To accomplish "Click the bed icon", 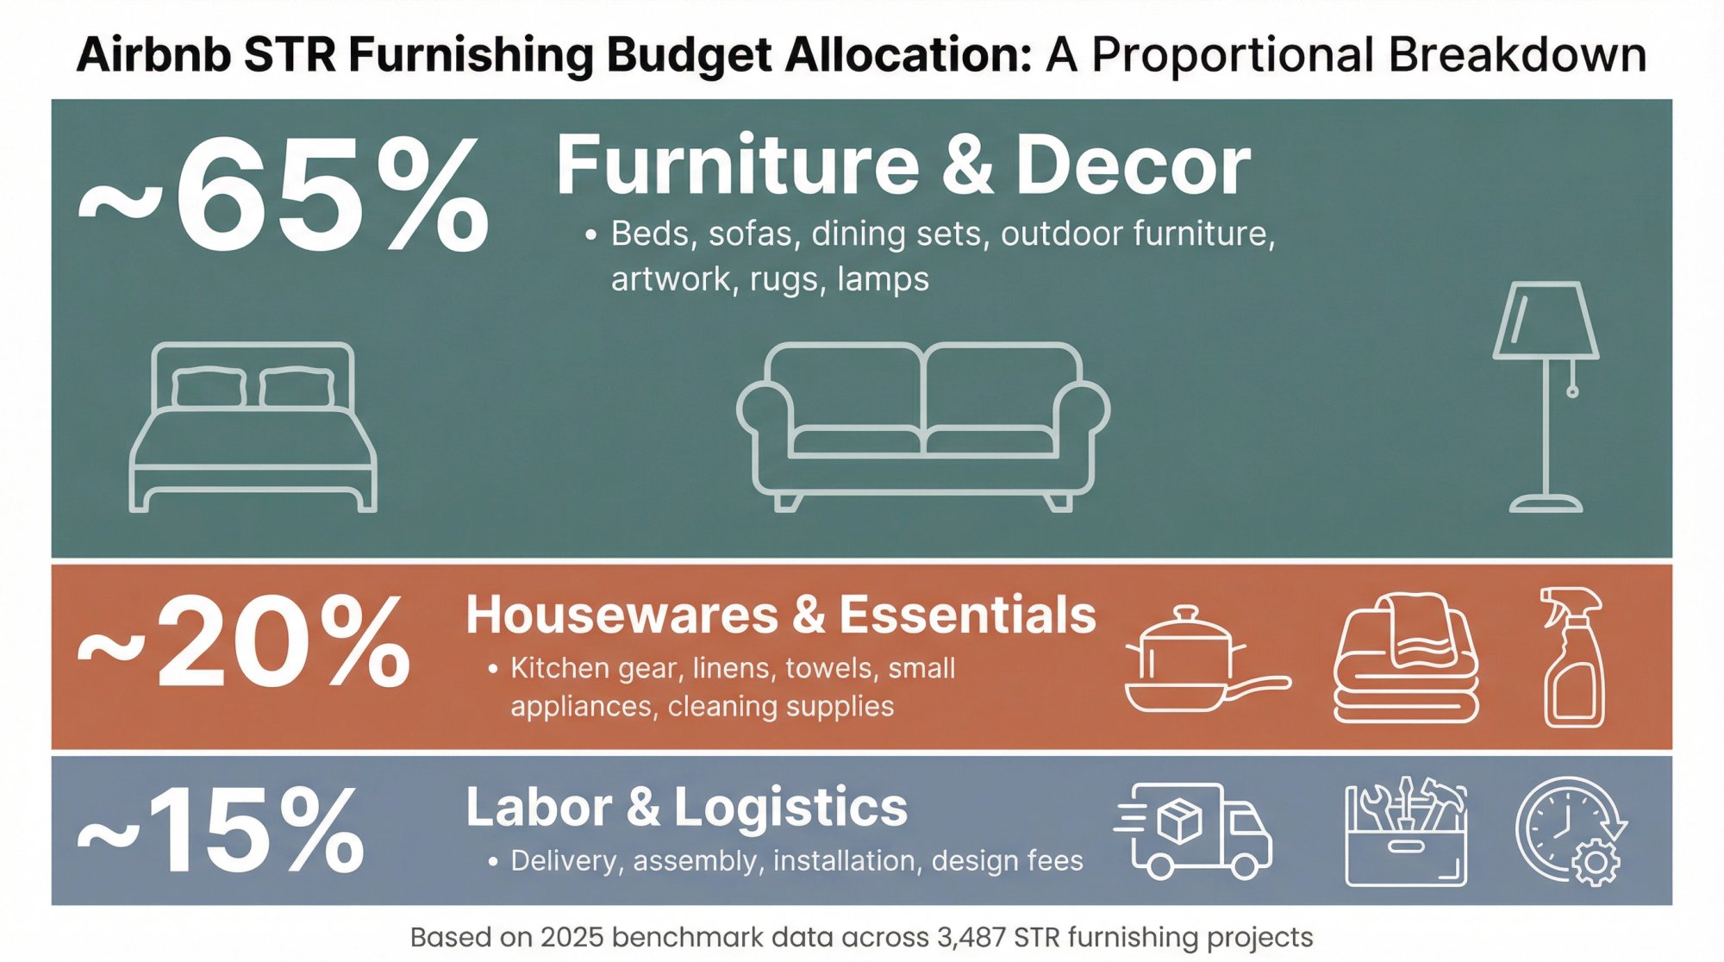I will tap(253, 428).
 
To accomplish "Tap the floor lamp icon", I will tap(1546, 397).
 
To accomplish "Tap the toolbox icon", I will tap(1406, 833).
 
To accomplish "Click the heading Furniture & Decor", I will tap(903, 166).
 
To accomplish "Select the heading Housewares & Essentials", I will tap(780, 615).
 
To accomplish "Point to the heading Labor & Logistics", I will tap(687, 807).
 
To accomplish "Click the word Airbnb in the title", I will tap(153, 55).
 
